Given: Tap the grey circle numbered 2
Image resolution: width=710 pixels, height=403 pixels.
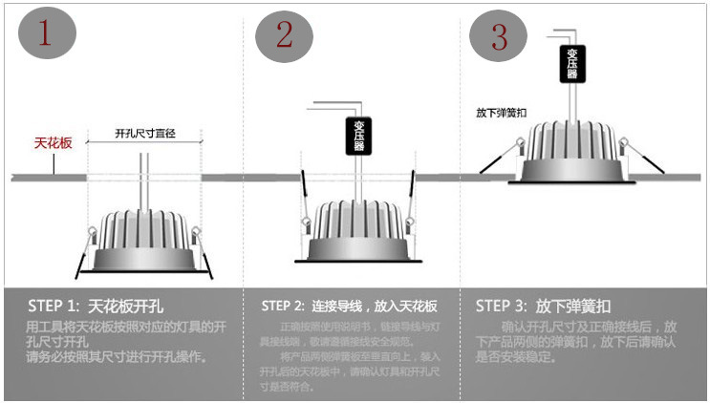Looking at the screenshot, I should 284,35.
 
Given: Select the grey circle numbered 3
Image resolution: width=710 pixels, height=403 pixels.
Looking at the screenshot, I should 500,36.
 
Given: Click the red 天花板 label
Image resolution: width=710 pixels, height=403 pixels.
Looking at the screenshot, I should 54,142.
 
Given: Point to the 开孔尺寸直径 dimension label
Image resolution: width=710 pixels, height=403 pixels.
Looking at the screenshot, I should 144,133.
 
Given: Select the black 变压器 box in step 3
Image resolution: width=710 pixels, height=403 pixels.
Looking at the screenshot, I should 570,64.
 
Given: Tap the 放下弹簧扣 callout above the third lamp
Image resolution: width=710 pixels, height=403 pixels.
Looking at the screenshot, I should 501,113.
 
